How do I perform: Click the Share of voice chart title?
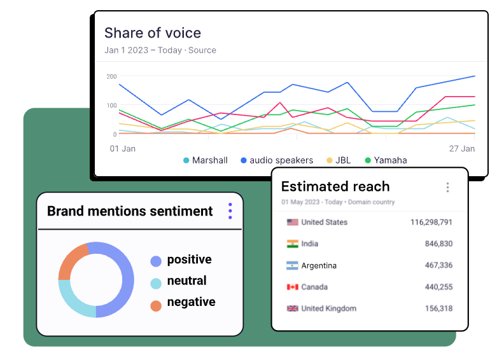pyautogui.click(x=152, y=33)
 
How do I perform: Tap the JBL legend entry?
pyautogui.click(x=342, y=160)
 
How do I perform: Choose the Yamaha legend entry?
pyautogui.click(x=389, y=160)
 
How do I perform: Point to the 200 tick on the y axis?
pyautogui.click(x=111, y=76)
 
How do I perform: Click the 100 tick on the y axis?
pyautogui.click(x=111, y=106)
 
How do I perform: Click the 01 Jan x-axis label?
pyautogui.click(x=122, y=148)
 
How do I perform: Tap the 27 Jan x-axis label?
pyautogui.click(x=462, y=148)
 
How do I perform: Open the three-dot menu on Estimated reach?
pyautogui.click(x=447, y=187)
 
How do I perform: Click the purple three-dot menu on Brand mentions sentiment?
pyautogui.click(x=230, y=211)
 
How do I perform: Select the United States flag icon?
pyautogui.click(x=293, y=222)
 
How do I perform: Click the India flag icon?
pyautogui.click(x=293, y=244)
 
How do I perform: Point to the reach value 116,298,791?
pyautogui.click(x=431, y=222)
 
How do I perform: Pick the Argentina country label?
pyautogui.click(x=319, y=265)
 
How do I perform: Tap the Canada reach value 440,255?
pyautogui.click(x=438, y=287)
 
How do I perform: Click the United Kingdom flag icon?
pyautogui.click(x=293, y=308)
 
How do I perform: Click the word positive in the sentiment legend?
pyautogui.click(x=189, y=260)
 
